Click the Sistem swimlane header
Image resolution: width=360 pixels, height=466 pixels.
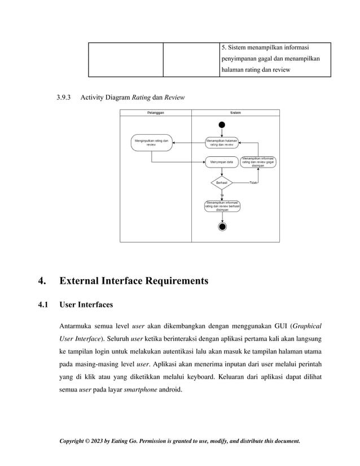coord(235,113)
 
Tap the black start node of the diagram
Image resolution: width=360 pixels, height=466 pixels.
coord(222,125)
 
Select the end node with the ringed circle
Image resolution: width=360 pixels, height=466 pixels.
coord(222,227)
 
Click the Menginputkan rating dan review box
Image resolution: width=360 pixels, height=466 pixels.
coord(151,142)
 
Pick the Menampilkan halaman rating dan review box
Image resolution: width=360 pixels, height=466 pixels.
coord(222,142)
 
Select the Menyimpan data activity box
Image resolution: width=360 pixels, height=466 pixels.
coord(222,162)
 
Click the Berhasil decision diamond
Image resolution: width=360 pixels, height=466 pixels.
coord(222,183)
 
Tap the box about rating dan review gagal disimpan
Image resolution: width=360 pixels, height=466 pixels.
coord(258,162)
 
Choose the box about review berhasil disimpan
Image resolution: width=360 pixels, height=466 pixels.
coord(222,206)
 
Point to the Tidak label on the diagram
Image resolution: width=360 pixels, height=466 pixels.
coord(253,183)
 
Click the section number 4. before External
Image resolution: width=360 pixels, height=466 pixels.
coord(42,280)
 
